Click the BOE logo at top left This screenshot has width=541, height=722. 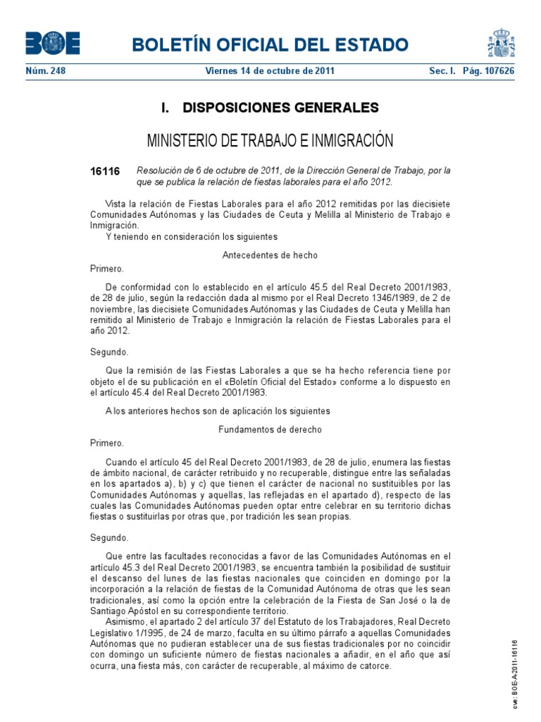coord(53,44)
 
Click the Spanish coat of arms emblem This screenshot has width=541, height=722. coord(502,44)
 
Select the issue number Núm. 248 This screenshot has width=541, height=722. coord(46,71)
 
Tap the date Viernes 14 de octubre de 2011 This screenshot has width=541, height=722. coord(270,71)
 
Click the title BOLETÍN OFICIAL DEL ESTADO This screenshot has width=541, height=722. coord(270,45)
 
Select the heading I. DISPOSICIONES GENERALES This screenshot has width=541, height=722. coord(270,108)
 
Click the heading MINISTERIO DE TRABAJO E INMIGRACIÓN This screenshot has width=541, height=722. coord(270,140)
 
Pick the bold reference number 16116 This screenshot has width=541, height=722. coord(105,171)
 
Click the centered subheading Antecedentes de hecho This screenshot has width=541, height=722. coord(270,255)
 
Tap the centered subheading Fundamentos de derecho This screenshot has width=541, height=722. coord(270,429)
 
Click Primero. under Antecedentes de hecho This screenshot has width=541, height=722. coord(107,269)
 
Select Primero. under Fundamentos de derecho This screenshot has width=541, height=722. coord(107,443)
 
